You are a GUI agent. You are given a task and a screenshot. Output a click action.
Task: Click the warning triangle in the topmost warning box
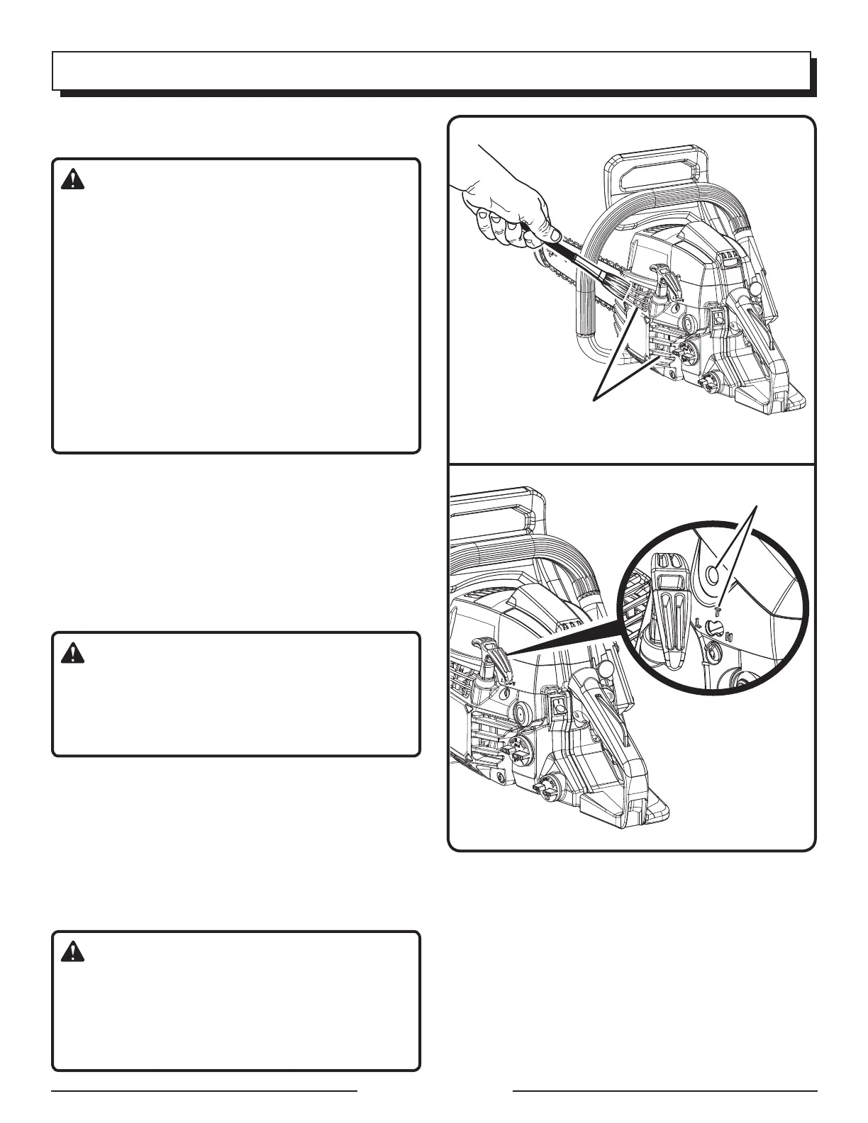pos(72,181)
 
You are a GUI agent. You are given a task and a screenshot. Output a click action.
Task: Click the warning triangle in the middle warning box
pos(72,653)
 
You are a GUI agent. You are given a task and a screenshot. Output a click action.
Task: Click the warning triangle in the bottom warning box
pos(72,952)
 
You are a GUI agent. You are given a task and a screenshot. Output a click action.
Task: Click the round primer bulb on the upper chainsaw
pos(686,324)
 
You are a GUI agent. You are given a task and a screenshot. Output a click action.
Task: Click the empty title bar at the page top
pos(431,70)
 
